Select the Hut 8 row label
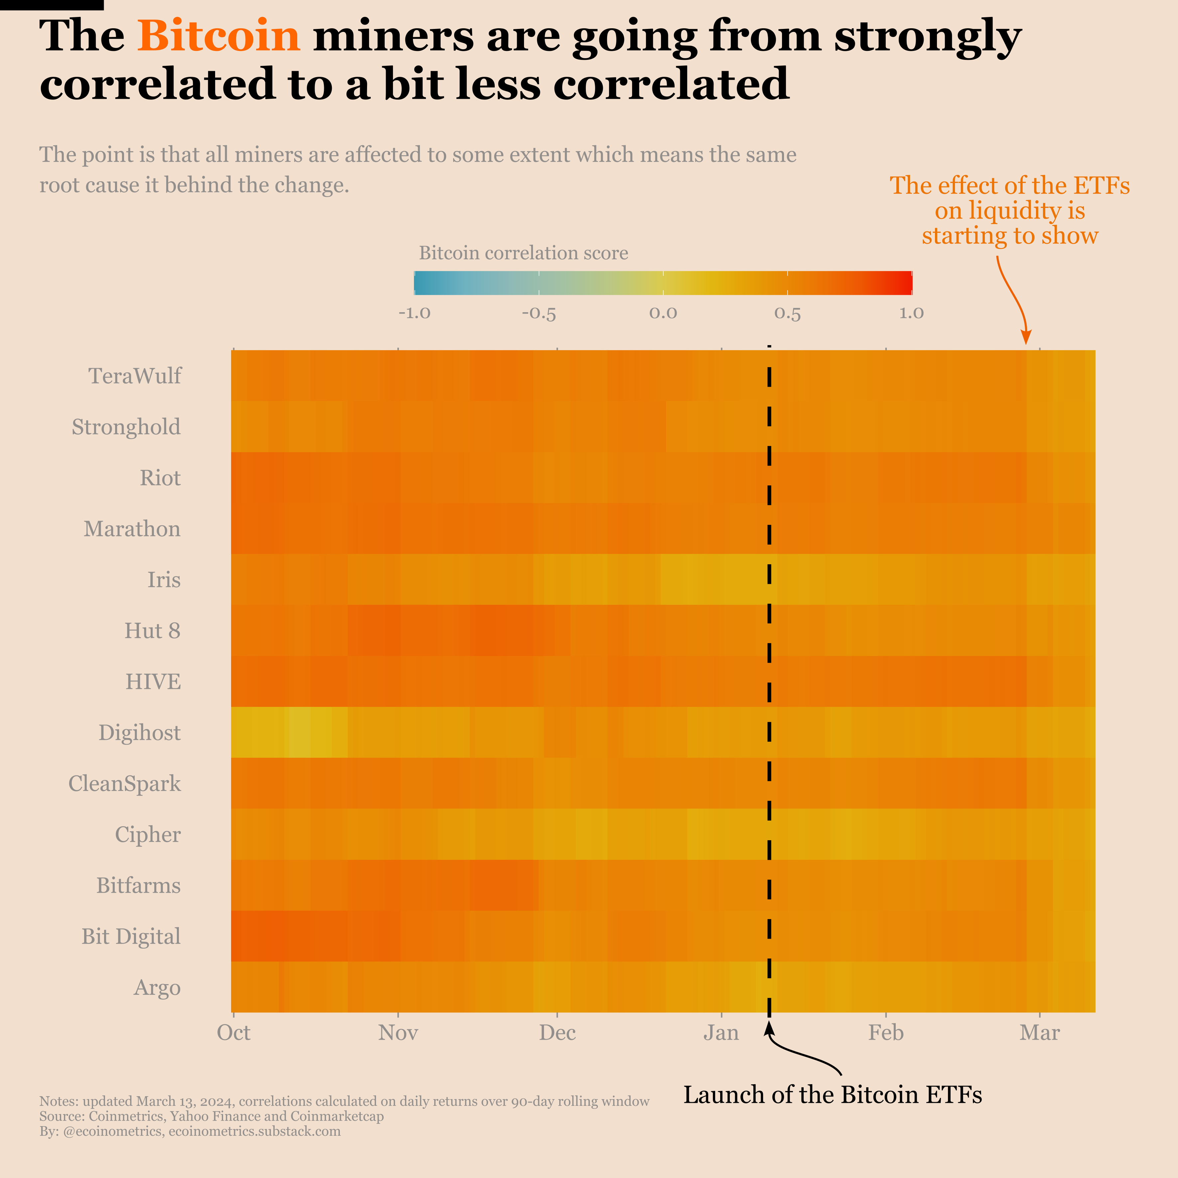click(x=152, y=630)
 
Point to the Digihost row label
click(x=140, y=732)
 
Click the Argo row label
click(x=157, y=987)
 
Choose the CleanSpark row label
click(x=124, y=783)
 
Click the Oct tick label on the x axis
click(x=233, y=1033)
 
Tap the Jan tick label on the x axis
click(x=721, y=1033)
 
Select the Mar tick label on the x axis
click(x=1040, y=1033)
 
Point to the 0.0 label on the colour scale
click(x=663, y=314)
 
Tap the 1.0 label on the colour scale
click(x=912, y=314)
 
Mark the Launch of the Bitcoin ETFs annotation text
click(x=832, y=1095)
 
